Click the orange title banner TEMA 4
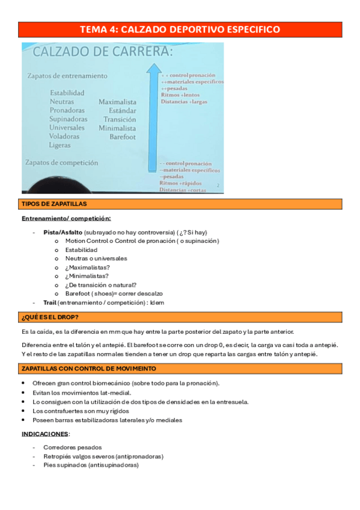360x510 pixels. pos(180,29)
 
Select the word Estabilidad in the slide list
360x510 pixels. pos(67,93)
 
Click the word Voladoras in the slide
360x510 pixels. pos(67,137)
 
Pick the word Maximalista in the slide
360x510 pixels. pos(117,102)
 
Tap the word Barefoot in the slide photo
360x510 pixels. pos(123,137)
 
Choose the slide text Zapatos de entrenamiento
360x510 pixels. pos(67,76)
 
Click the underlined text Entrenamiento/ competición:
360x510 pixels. pos(66,218)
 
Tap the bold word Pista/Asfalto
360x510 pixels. pos(63,232)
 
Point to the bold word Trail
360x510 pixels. pos(50,303)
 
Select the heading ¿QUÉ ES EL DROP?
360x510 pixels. pos(50,317)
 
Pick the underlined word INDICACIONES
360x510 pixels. pos(45,434)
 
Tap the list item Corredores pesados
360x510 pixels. pos(73,447)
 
